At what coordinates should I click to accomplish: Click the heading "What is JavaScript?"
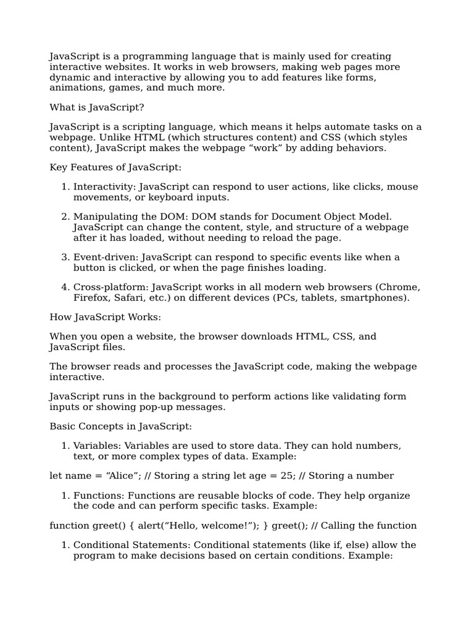click(97, 107)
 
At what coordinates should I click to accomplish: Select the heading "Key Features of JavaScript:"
click(115, 167)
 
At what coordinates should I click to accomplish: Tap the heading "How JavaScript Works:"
click(105, 317)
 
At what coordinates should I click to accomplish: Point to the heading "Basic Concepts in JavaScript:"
click(120, 426)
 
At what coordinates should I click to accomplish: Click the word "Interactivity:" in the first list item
click(105, 187)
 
